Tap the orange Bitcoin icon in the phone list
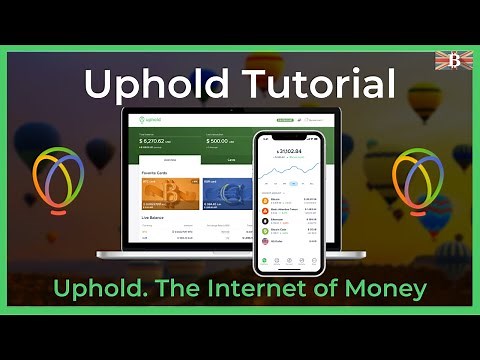coord(265,199)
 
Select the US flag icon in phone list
coord(265,240)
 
